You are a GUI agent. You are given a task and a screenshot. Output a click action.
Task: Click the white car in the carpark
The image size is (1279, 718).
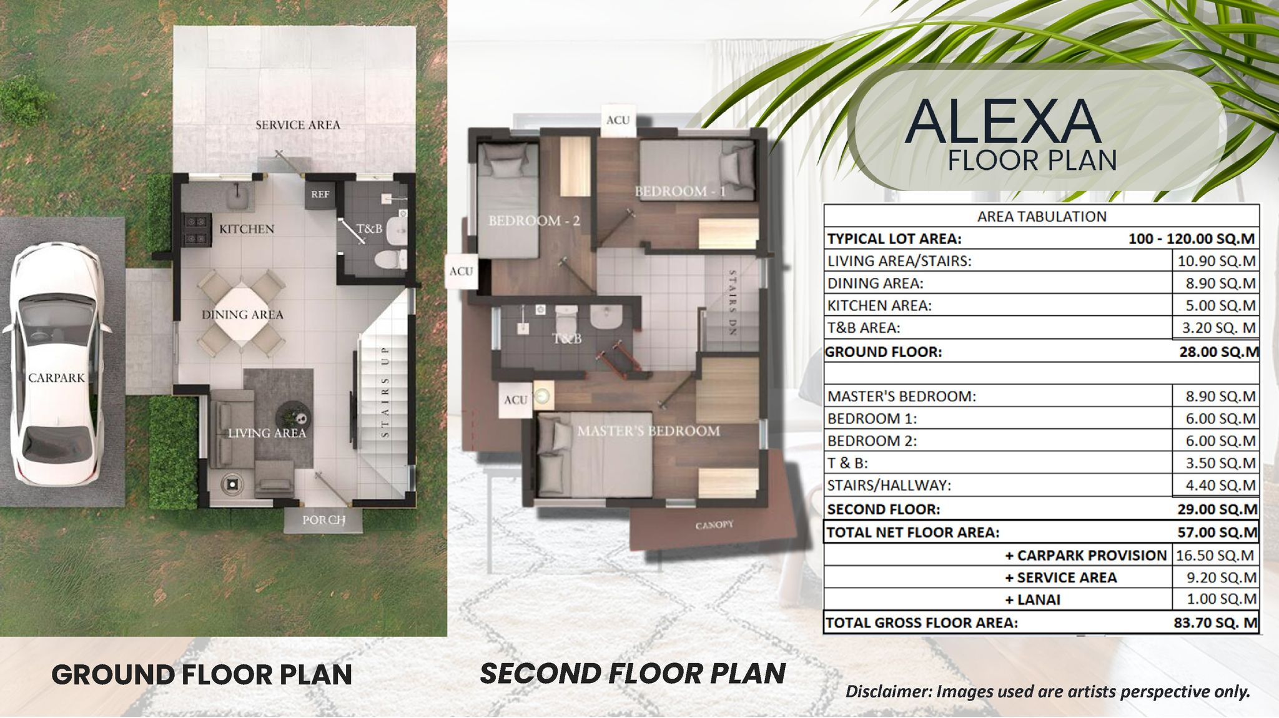click(57, 368)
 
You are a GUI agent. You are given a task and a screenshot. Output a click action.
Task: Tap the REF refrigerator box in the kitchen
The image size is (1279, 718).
click(320, 194)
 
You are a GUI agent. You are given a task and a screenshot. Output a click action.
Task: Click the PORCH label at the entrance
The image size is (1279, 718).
click(323, 520)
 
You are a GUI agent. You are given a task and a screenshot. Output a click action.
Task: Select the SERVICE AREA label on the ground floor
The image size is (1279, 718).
click(298, 125)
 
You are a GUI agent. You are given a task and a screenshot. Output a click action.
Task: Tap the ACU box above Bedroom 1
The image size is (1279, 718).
click(618, 120)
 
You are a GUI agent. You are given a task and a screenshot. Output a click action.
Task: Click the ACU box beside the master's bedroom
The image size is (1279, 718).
click(516, 400)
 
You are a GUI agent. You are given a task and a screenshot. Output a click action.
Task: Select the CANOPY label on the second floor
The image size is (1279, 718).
click(714, 525)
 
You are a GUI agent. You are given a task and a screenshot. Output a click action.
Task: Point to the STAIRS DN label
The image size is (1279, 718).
click(733, 302)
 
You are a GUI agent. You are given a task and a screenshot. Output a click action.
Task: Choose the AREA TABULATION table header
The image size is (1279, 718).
click(1042, 217)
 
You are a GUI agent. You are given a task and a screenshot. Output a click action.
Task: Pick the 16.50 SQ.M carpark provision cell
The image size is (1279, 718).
click(1215, 555)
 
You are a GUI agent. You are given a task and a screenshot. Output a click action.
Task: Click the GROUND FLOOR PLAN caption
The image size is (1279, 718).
click(202, 675)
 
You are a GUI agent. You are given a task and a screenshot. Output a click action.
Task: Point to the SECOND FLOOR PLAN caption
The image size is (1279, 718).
click(633, 674)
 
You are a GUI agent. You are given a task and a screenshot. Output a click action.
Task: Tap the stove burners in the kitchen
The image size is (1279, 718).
click(196, 229)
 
